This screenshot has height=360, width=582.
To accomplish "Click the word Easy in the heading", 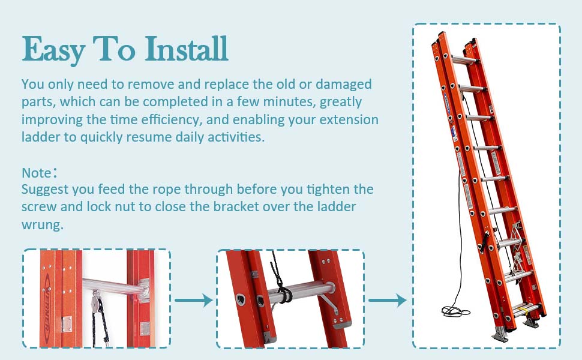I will [53, 49].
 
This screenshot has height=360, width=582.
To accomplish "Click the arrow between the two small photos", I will [193, 299].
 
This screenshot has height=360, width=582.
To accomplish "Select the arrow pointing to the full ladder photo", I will [387, 299].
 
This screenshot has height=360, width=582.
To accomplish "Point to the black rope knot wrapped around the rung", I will [284, 295].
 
